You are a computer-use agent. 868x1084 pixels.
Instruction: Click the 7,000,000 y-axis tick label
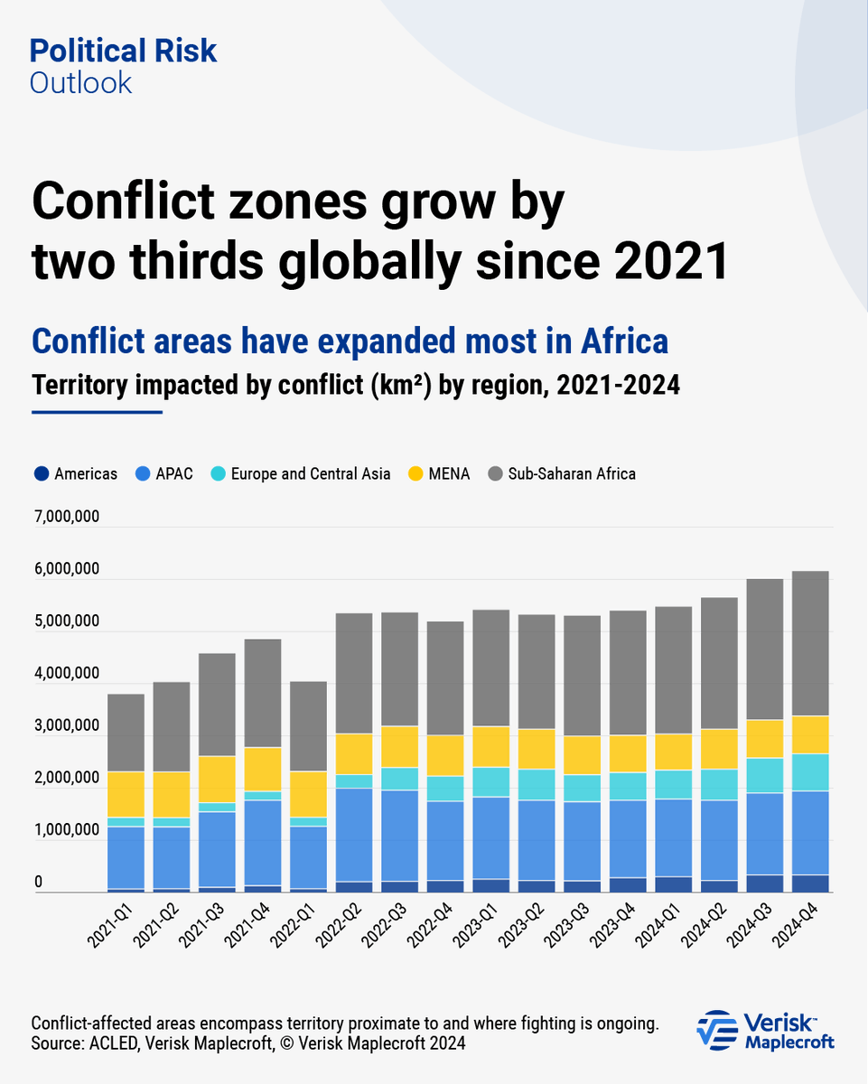pos(66,518)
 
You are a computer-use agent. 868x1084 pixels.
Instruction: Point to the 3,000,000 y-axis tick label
pos(66,726)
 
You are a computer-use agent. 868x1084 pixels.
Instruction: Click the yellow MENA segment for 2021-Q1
pos(126,794)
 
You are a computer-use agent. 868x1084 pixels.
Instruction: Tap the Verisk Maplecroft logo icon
pos(717,1030)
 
